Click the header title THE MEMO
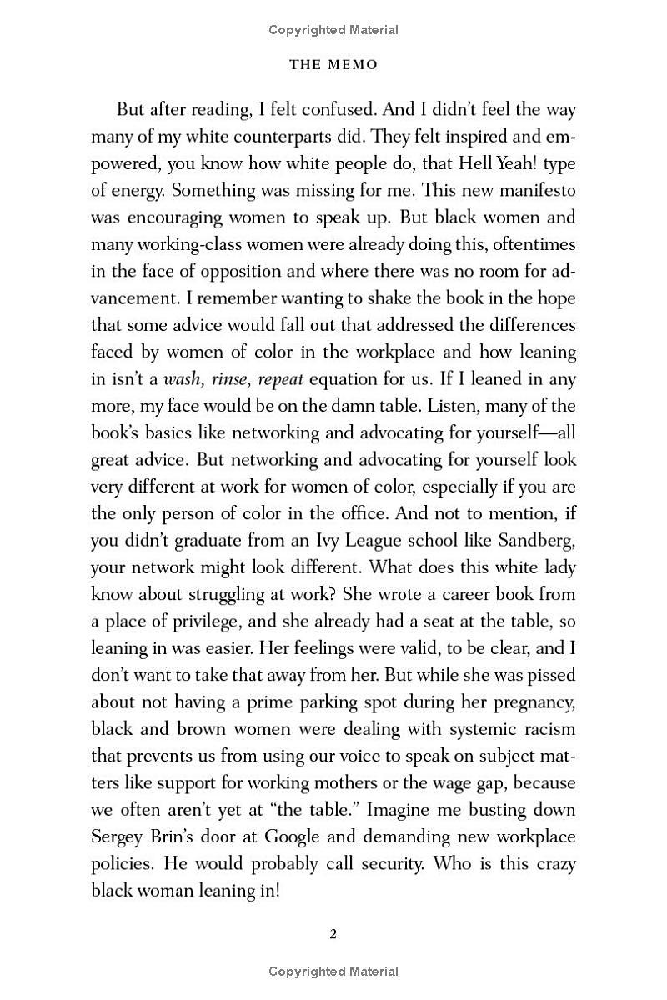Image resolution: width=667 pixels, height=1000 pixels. (x=333, y=64)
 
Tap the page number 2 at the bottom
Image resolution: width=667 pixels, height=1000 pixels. (x=333, y=933)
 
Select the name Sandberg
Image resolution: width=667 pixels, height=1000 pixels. (x=532, y=541)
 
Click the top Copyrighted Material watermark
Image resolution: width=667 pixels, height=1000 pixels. (x=333, y=30)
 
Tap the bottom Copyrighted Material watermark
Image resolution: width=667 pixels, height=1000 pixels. (x=333, y=971)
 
